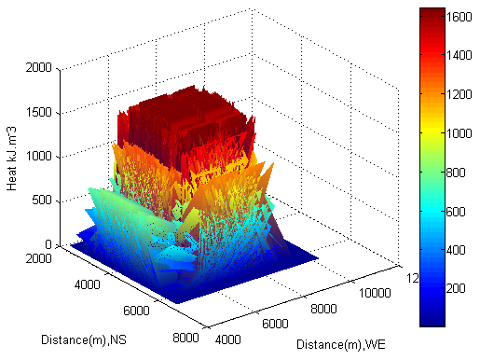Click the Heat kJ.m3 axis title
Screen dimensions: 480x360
(x=11, y=159)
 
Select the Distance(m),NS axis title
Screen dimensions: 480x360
(x=84, y=339)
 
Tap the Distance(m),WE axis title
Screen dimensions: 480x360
(x=341, y=344)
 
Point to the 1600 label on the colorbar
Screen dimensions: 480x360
(x=459, y=17)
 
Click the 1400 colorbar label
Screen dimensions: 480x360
(x=459, y=56)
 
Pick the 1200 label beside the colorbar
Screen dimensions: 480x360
(x=459, y=94)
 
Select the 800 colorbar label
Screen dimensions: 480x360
(x=456, y=173)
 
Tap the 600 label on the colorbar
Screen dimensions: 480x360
(x=456, y=212)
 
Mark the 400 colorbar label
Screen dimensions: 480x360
(x=456, y=250)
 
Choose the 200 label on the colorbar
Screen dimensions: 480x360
(x=456, y=288)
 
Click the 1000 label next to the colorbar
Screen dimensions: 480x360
(x=459, y=133)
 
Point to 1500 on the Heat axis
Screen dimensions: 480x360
(x=39, y=112)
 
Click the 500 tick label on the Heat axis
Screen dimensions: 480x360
(x=42, y=200)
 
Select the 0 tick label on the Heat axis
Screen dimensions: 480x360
(x=48, y=244)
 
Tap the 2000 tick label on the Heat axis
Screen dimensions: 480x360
(x=39, y=67)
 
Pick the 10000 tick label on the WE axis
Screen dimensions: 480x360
(x=375, y=293)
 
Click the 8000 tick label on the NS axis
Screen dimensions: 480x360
(x=185, y=338)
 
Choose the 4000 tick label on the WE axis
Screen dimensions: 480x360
(x=228, y=339)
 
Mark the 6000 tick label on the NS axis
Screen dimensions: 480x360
(x=136, y=311)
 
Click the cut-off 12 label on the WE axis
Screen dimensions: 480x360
(x=413, y=278)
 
